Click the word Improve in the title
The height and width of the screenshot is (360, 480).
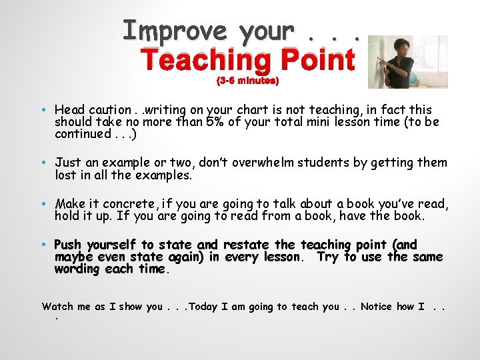tap(175, 31)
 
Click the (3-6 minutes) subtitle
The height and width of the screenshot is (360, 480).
tap(247, 81)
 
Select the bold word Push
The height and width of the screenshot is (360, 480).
tap(69, 245)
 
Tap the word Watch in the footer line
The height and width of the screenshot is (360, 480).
tap(57, 307)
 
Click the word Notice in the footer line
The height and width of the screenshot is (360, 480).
tap(376, 307)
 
